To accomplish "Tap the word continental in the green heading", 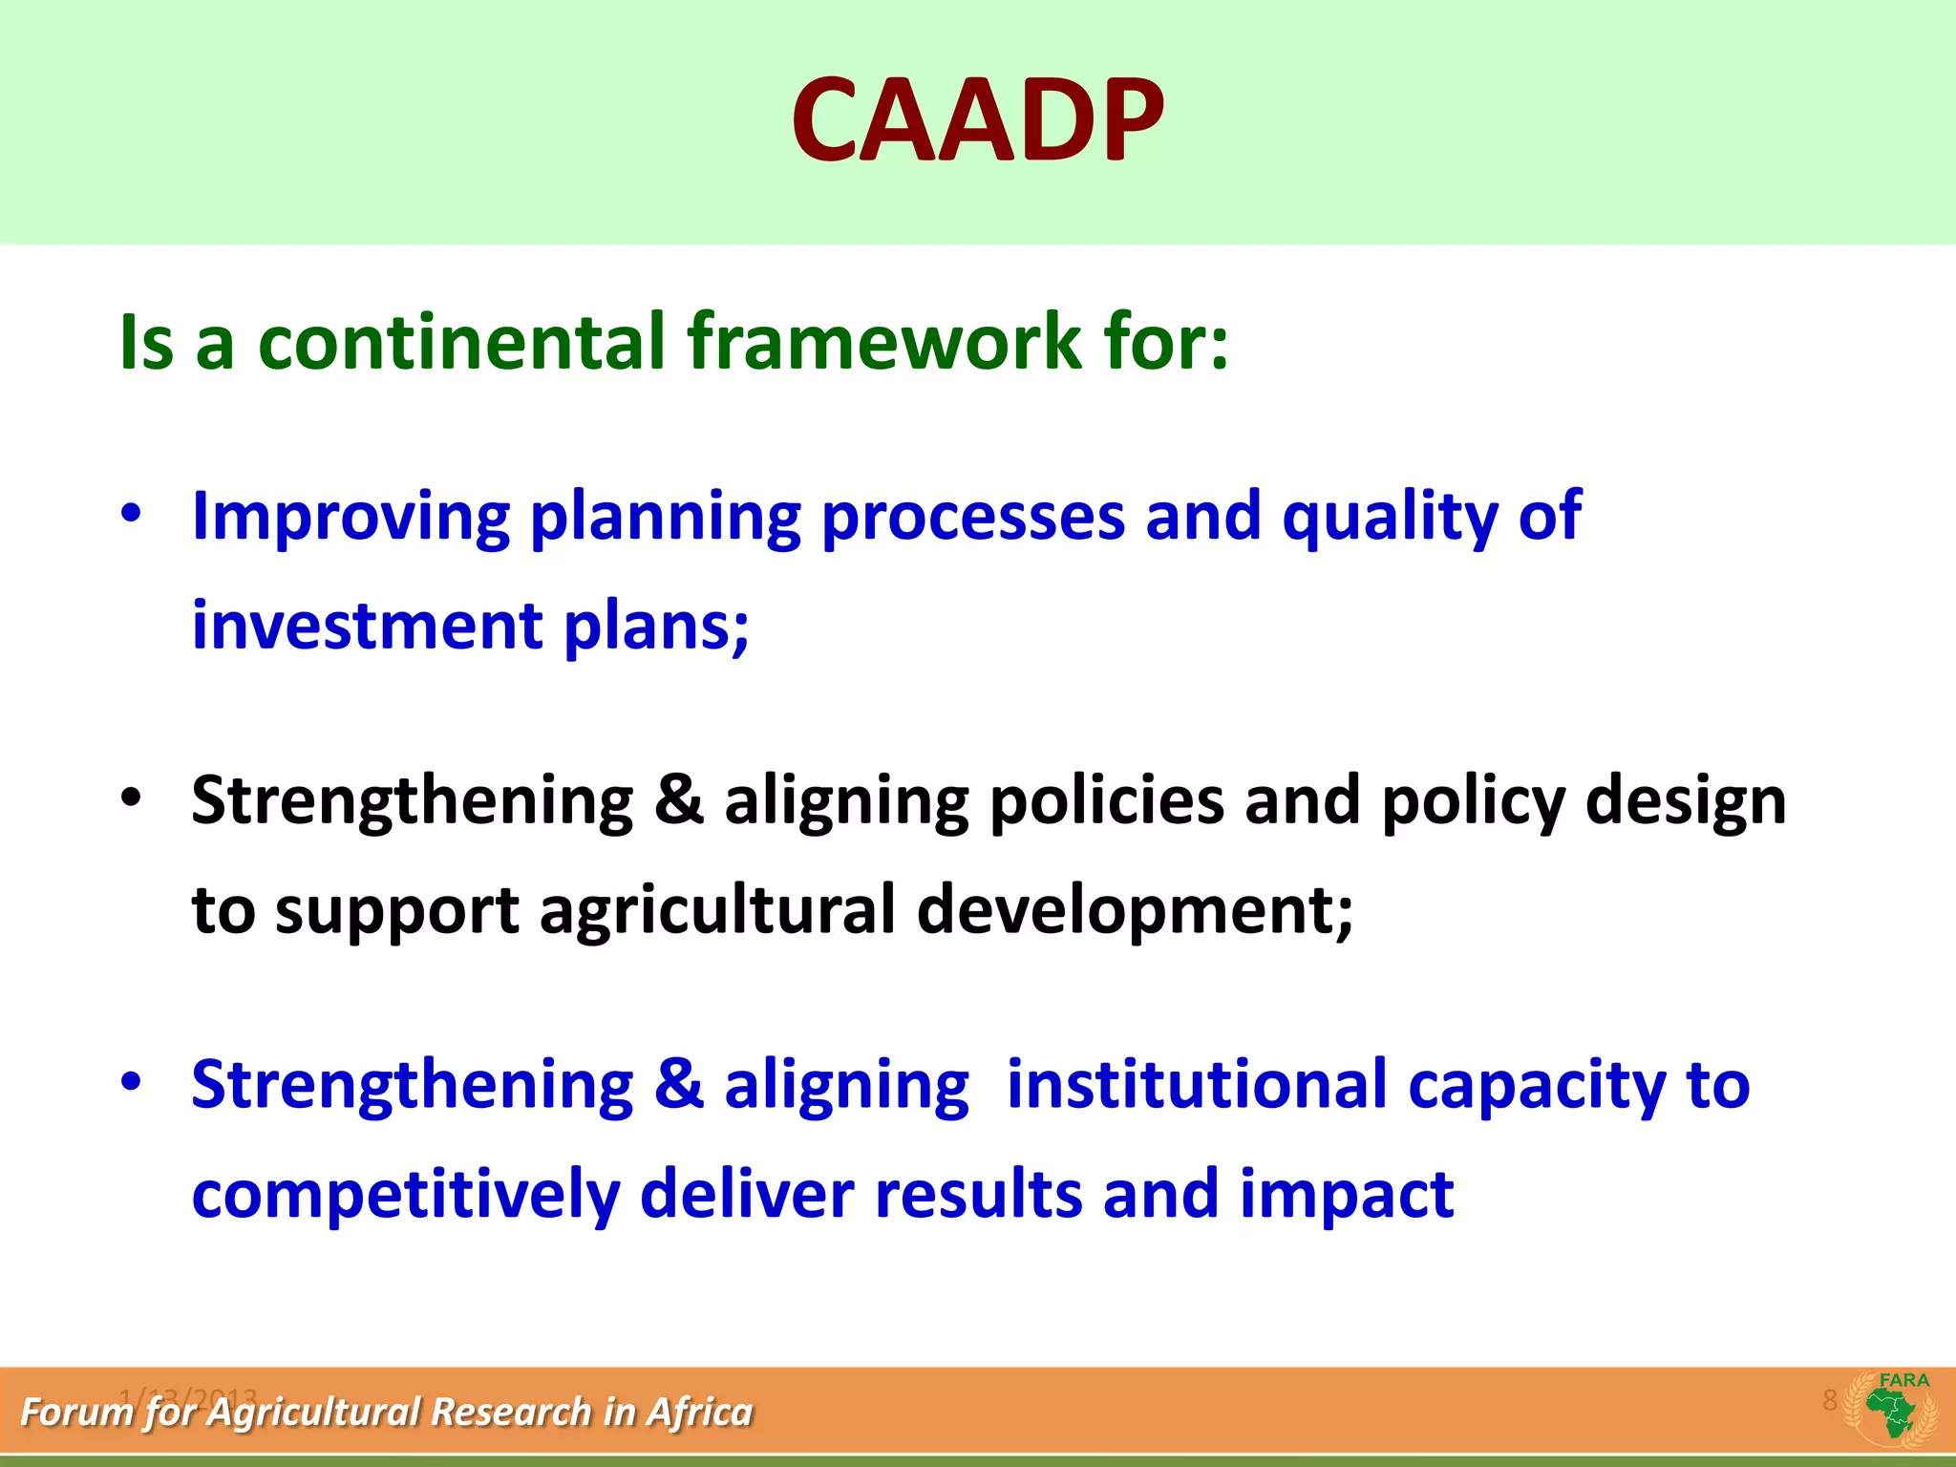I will (461, 342).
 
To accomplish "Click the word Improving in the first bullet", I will (351, 518).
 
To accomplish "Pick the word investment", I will (368, 627).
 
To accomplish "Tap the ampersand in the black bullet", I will (679, 800).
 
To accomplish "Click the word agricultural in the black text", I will (717, 910).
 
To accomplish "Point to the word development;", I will (1135, 910).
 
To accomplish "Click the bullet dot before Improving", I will (131, 514).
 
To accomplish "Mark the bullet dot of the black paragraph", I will (131, 797).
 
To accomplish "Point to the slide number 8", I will (1829, 1400).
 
